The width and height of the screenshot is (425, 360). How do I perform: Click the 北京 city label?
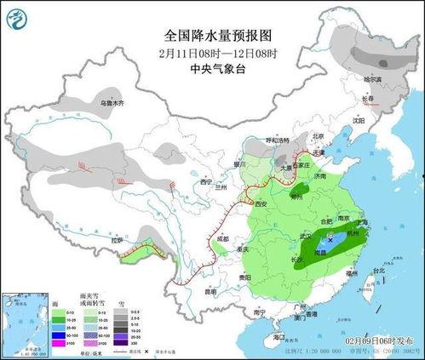(318, 136)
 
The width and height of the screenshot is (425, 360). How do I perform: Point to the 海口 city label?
(278, 337)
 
